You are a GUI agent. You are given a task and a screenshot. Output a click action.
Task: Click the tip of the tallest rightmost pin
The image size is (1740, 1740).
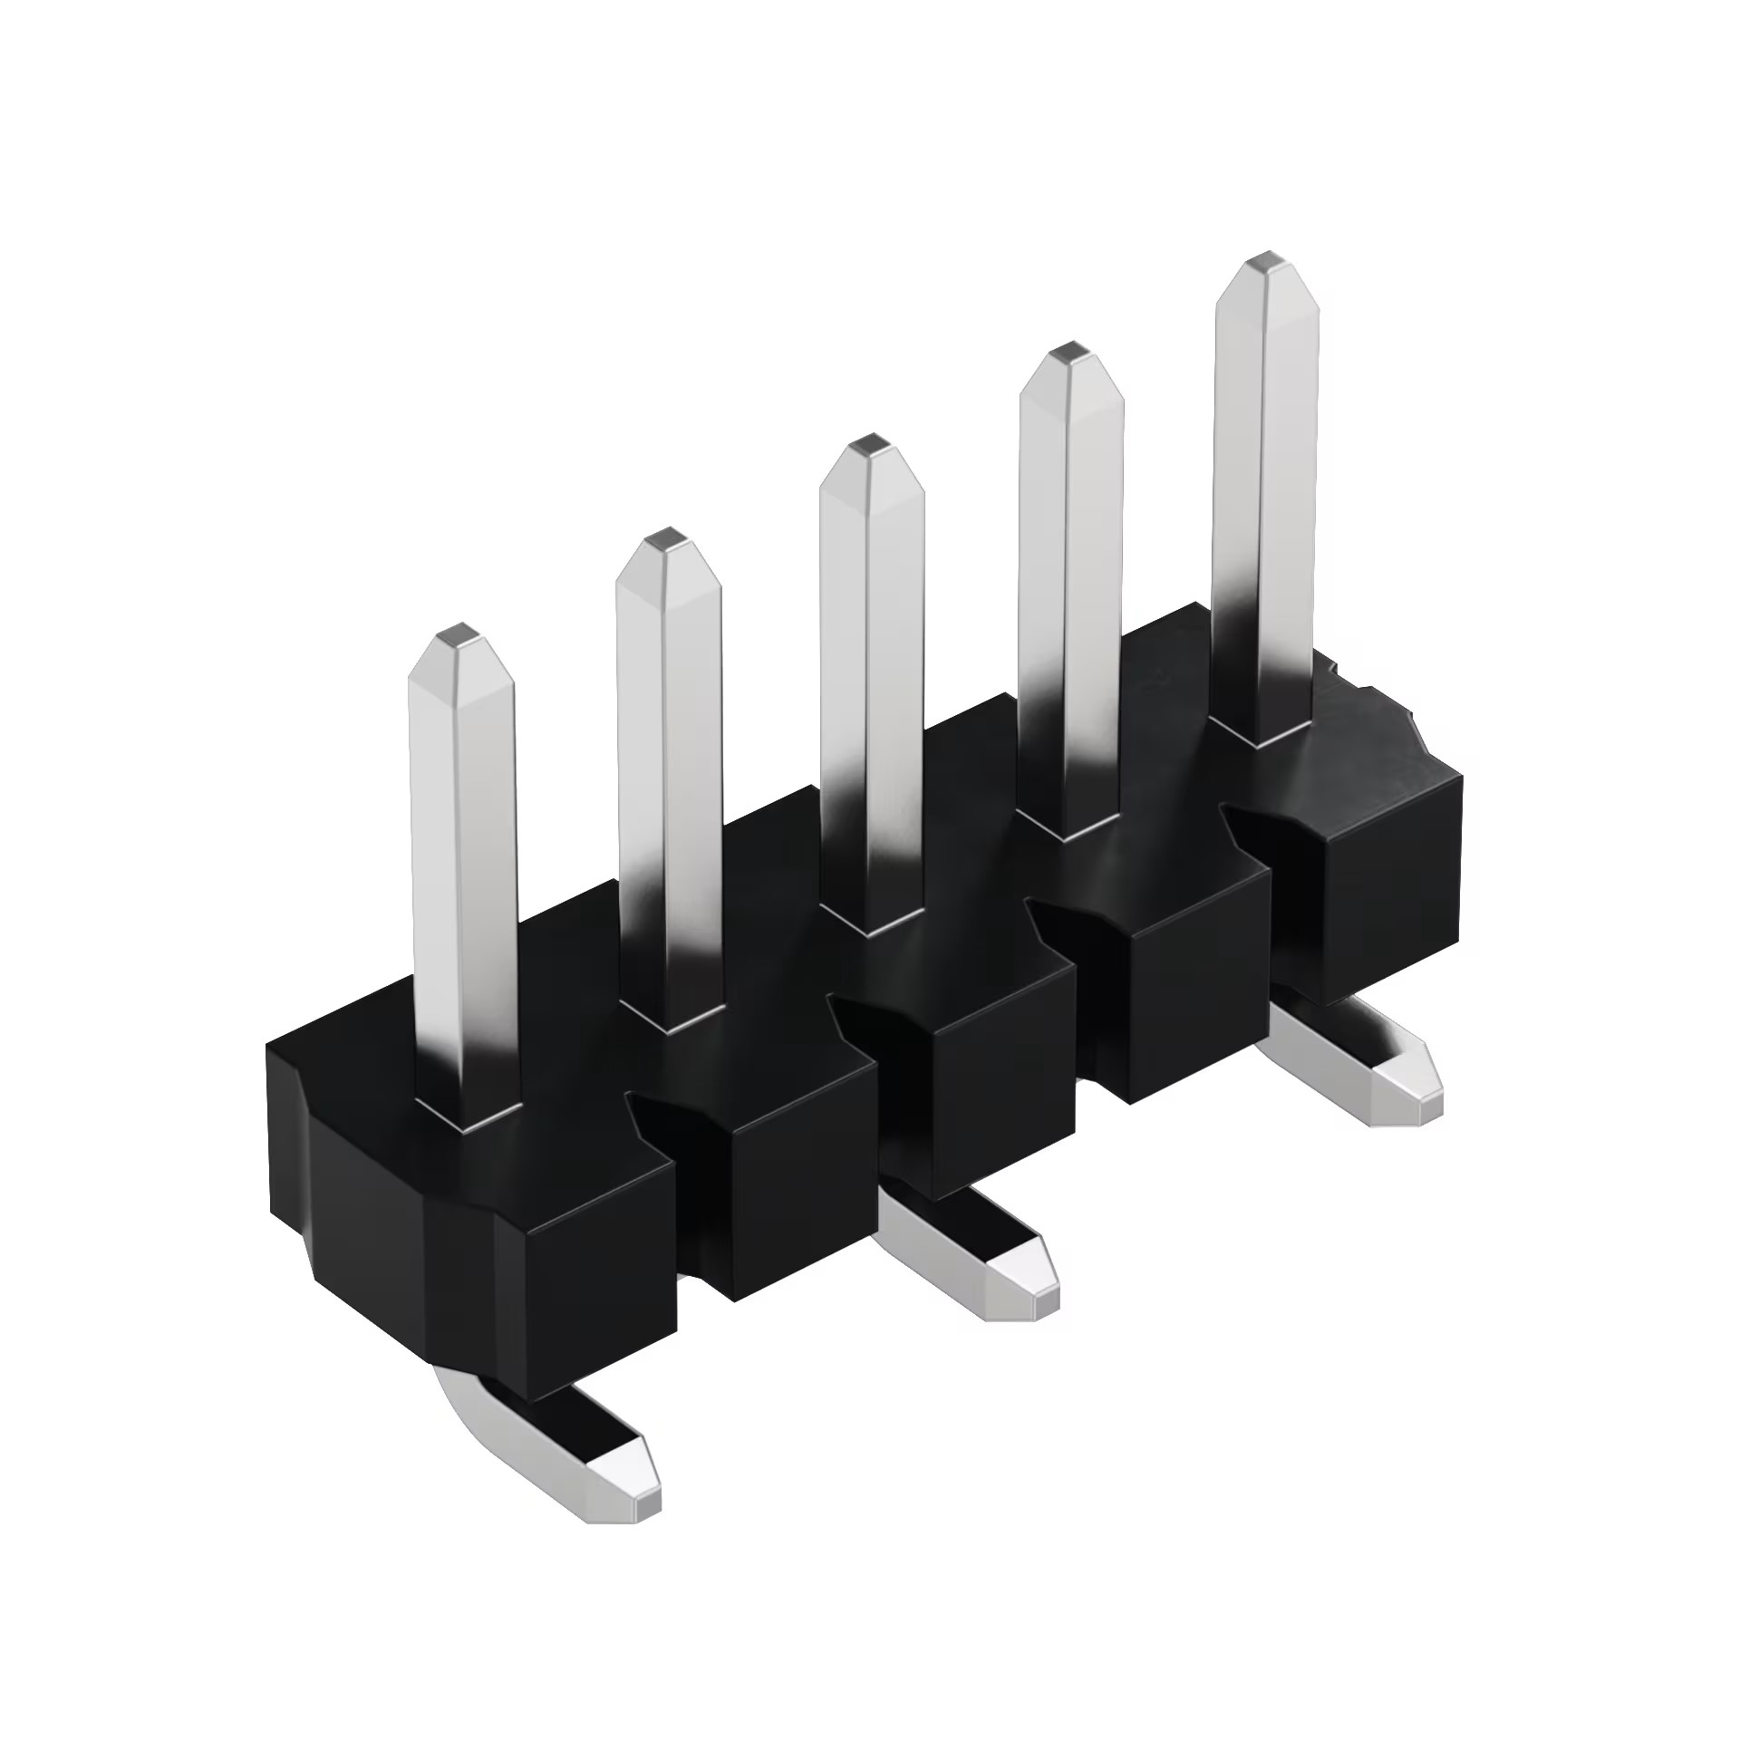[x=1266, y=263]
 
